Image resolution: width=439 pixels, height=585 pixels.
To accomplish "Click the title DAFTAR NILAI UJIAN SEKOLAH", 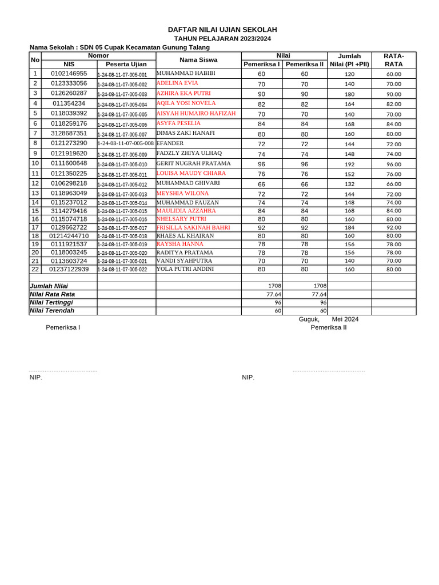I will [x=222, y=30].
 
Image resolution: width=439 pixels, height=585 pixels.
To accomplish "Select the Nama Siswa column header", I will [x=198, y=59].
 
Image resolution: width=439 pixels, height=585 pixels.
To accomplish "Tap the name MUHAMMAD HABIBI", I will [x=186, y=73].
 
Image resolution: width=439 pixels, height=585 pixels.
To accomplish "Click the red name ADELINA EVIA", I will [x=177, y=83].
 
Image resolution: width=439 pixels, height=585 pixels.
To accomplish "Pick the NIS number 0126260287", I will [x=69, y=93].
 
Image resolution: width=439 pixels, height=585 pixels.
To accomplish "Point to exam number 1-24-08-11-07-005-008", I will [x=126, y=143].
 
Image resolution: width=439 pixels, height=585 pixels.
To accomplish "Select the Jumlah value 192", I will [x=349, y=164].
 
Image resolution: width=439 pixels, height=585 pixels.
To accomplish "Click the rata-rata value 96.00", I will [x=393, y=164].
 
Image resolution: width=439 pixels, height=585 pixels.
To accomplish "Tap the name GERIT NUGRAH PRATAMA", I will [x=193, y=163].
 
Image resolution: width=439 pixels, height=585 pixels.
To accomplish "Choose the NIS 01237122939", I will [x=69, y=269].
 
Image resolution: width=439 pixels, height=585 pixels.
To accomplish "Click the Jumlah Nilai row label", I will [x=49, y=286].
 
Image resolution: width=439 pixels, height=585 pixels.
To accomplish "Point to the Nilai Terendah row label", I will [x=52, y=311].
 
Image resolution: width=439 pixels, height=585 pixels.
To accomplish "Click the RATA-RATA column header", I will [x=393, y=60].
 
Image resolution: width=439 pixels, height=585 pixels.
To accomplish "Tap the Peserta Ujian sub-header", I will [x=126, y=65].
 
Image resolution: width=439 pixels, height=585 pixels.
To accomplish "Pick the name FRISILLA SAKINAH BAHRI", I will [x=193, y=227].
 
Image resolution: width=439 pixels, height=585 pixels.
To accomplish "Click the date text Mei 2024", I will [x=345, y=319].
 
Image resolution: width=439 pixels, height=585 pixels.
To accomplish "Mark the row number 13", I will [x=35, y=193].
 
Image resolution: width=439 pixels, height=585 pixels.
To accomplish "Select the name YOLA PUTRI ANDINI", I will [x=185, y=269].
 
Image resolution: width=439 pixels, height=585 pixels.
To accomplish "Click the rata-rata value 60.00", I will [x=393, y=74].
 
